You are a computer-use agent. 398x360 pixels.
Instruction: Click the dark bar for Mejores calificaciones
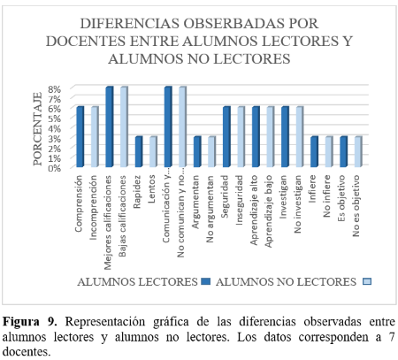point(110,126)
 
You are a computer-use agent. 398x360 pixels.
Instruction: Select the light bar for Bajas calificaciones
point(124,126)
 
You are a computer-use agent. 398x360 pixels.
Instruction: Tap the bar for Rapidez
point(139,151)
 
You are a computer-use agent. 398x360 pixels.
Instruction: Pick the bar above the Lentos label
point(153,151)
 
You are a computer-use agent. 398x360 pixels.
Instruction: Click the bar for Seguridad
point(226,137)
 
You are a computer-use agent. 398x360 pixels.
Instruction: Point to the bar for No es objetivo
point(358,151)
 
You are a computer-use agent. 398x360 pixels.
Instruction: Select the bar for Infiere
point(314,151)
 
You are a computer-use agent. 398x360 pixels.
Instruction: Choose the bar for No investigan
point(300,137)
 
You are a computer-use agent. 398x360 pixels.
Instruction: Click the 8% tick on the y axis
point(55,88)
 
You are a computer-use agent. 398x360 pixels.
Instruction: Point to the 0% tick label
point(55,168)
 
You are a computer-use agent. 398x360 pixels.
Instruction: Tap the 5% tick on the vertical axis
point(55,119)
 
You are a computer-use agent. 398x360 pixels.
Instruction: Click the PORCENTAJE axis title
point(37,129)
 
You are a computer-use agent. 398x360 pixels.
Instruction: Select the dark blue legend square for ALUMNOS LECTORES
point(206,281)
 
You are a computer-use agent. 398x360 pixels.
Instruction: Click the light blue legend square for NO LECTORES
point(367,281)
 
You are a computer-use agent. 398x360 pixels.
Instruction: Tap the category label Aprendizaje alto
point(254,210)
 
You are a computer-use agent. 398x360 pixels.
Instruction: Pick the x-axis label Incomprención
point(93,207)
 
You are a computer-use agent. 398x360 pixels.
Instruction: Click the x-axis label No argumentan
point(210,209)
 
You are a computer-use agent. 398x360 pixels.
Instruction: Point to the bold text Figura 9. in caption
point(29,322)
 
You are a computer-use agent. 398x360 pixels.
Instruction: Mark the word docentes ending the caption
point(26,351)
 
